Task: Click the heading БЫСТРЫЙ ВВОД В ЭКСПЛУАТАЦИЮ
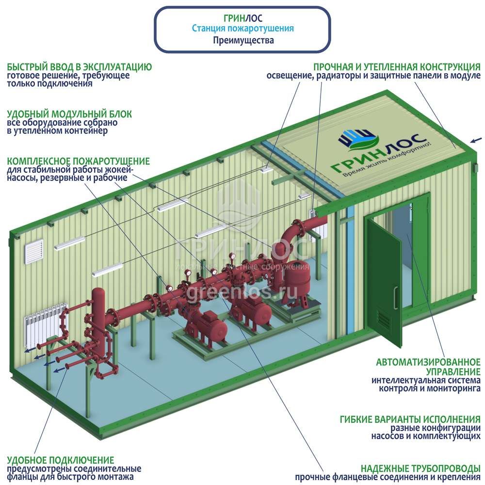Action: [x=80, y=67]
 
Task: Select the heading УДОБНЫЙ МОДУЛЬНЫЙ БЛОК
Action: [x=69, y=114]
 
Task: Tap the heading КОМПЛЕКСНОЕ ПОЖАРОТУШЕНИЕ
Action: [x=78, y=161]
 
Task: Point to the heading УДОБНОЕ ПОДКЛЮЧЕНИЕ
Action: [x=60, y=460]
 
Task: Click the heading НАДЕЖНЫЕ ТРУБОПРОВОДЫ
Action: [x=420, y=468]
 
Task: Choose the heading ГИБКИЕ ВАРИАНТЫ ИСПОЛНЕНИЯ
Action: [x=410, y=420]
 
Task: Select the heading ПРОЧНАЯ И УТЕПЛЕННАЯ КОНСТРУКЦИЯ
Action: [x=397, y=67]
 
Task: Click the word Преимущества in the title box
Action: [x=243, y=40]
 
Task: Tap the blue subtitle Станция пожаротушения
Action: [x=243, y=28]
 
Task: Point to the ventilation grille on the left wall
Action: [x=34, y=251]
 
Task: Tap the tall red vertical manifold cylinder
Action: [x=98, y=318]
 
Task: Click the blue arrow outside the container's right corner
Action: [x=476, y=140]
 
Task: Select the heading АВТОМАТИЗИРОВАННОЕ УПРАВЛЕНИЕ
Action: [x=428, y=367]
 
